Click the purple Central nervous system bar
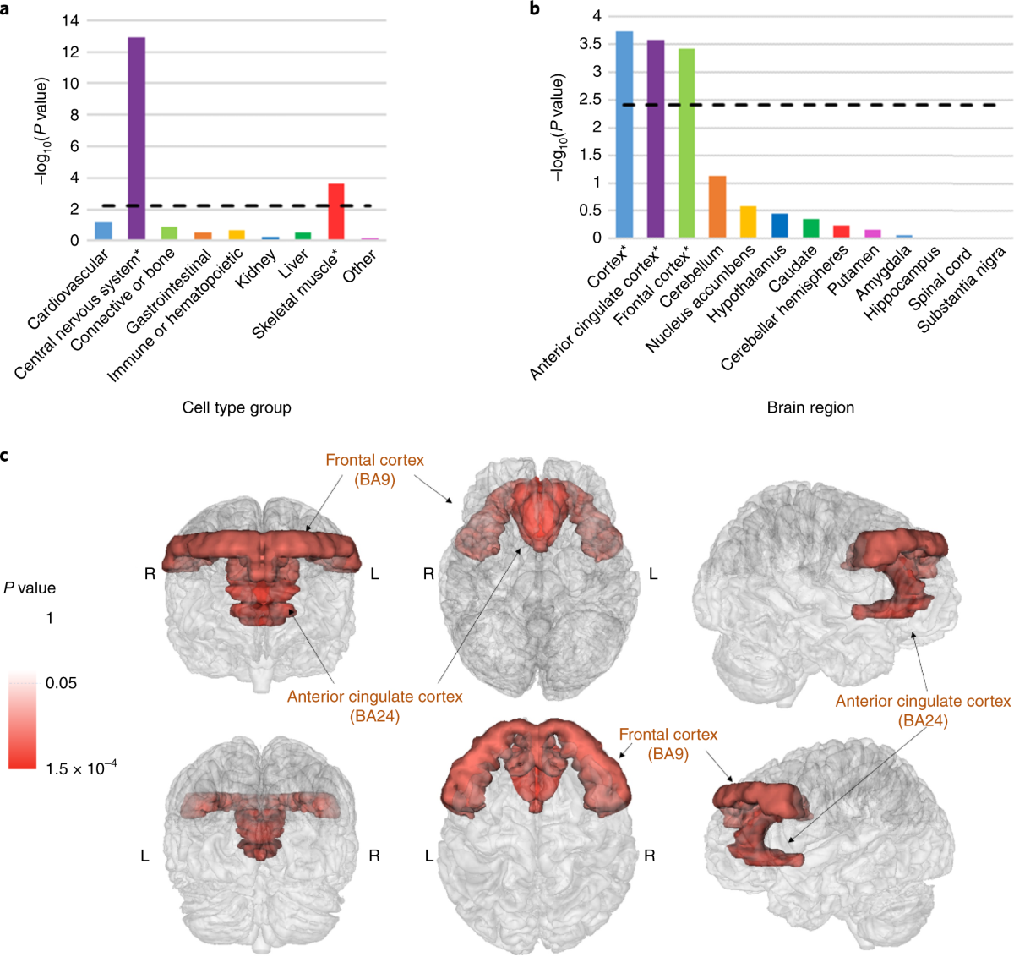(x=136, y=139)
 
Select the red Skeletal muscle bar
(x=335, y=212)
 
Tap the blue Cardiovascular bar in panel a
(x=103, y=232)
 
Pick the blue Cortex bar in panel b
(x=624, y=135)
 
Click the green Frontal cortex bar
(x=686, y=144)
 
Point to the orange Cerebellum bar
(x=717, y=207)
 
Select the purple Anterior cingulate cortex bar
(x=656, y=139)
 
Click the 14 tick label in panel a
(x=70, y=20)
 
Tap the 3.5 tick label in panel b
(x=590, y=44)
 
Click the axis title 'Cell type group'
(x=237, y=407)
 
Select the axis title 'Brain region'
(x=810, y=407)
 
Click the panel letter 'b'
(x=534, y=8)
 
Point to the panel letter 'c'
(x=5, y=456)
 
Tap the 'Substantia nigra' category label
(x=963, y=289)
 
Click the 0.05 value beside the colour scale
(x=61, y=683)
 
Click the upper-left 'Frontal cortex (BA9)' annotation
(x=374, y=469)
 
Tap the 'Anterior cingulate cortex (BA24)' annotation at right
(x=923, y=711)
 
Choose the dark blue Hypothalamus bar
(x=779, y=226)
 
